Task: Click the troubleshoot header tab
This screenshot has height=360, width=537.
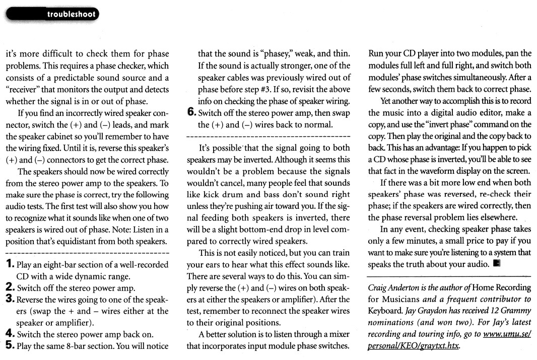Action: pyautogui.click(x=71, y=15)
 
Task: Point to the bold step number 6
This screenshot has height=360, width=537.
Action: pyautogui.click(x=191, y=113)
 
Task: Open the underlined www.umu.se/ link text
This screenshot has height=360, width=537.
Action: pyautogui.click(x=506, y=335)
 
